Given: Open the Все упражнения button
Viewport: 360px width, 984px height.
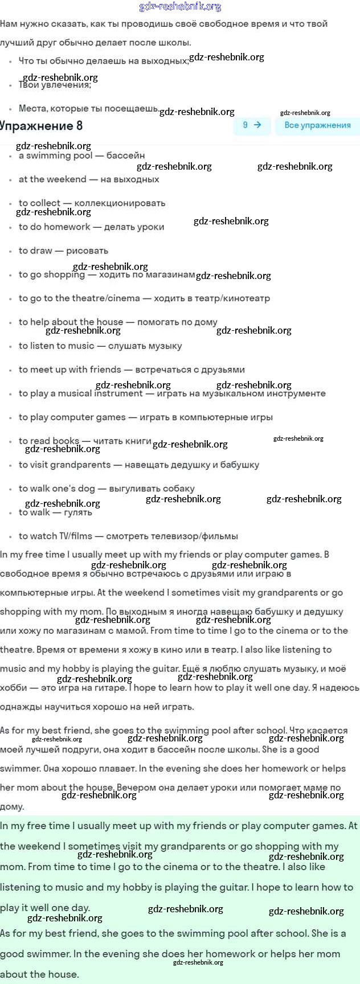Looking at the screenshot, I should [x=317, y=125].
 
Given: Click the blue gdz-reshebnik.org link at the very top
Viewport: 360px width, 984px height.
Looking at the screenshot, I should [x=180, y=7].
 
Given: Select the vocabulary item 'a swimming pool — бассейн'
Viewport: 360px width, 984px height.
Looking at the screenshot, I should [x=81, y=155].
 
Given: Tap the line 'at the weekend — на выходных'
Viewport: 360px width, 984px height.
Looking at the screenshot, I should [x=89, y=179].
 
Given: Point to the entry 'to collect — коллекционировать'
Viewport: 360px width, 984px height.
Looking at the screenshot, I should [x=92, y=203].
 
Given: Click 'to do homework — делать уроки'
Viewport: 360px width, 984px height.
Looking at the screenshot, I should [x=91, y=227].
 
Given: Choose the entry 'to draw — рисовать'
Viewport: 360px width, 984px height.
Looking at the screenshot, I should [x=63, y=251].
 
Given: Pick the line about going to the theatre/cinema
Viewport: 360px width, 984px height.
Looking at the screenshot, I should [x=144, y=298].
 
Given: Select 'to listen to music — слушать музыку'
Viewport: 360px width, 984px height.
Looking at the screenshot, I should [x=100, y=346].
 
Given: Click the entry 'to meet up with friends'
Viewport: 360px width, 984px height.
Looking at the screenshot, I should [x=132, y=370].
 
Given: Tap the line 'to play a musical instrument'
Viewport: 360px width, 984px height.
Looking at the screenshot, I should [x=172, y=393].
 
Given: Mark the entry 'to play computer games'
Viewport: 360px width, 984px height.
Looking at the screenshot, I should [x=145, y=417].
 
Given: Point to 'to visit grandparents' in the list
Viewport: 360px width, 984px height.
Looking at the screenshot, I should [x=138, y=465].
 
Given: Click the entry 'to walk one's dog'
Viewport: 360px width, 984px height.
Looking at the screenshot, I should [x=107, y=489].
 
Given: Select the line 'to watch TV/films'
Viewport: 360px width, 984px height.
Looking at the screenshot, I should [x=128, y=536].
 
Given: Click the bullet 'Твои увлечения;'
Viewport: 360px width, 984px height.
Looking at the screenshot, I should [x=55, y=85].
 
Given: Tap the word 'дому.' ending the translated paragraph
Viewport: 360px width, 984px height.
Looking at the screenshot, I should [x=12, y=807].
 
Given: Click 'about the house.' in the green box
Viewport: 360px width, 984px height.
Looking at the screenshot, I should [x=39, y=974].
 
